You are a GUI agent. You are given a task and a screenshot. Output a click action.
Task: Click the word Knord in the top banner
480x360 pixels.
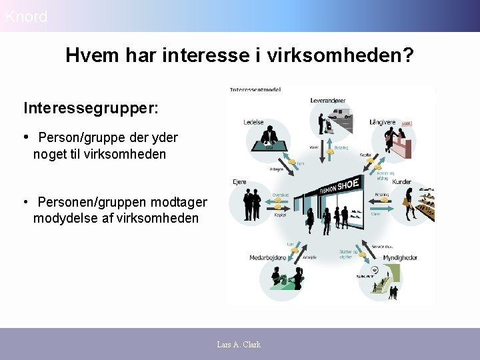26,17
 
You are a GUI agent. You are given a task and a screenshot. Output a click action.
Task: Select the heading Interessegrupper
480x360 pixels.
91,108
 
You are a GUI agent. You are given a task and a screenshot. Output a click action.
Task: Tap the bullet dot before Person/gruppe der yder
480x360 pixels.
27,137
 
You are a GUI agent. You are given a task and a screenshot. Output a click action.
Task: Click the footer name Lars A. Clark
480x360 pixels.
239,345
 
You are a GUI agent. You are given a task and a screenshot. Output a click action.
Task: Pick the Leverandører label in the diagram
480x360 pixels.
328,101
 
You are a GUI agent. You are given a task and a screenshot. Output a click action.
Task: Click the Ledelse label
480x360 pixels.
254,123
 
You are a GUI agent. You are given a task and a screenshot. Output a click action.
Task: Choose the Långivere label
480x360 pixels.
383,123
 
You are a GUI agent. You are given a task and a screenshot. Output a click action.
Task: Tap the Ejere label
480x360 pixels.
239,181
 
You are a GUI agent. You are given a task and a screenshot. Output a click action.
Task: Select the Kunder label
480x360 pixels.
402,181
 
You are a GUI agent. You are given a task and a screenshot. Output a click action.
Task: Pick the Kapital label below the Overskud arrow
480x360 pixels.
281,215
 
